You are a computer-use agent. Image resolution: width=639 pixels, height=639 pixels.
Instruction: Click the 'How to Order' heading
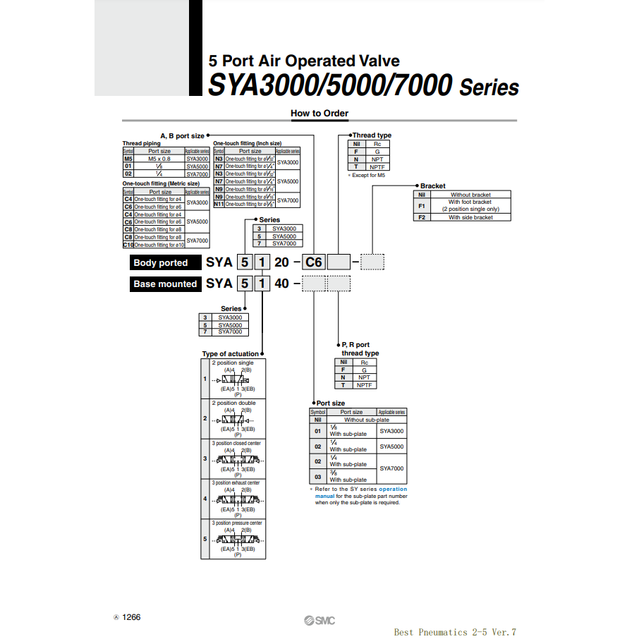click(319, 113)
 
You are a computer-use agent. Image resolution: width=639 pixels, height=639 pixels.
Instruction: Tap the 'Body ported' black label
click(161, 263)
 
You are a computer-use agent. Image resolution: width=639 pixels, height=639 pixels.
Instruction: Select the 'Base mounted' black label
click(165, 284)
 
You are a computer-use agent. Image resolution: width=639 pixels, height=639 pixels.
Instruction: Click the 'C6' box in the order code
click(313, 263)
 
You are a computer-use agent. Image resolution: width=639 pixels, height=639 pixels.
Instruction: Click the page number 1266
click(131, 617)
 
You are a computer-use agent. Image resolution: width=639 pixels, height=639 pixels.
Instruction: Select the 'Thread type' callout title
click(372, 135)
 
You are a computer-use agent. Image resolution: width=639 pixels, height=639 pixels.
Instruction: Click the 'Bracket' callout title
click(432, 186)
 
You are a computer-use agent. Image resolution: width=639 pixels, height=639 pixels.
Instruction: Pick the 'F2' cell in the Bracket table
click(422, 217)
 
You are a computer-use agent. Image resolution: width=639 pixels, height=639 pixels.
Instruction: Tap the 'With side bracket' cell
click(470, 217)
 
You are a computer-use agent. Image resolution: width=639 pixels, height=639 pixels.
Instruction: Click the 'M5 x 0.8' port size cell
click(159, 159)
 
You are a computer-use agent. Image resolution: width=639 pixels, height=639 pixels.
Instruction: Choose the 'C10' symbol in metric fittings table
click(128, 245)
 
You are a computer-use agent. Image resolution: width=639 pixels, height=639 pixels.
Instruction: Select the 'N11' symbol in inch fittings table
click(219, 204)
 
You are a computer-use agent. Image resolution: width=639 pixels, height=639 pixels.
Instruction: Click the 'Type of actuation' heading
click(230, 354)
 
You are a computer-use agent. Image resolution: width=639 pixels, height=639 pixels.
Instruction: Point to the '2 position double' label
click(234, 403)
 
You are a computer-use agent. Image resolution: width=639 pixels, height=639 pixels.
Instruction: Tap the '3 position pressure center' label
click(237, 523)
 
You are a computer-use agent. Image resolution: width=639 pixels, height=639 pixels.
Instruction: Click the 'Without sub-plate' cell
click(366, 420)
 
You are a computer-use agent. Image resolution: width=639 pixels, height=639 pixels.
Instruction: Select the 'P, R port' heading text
click(355, 345)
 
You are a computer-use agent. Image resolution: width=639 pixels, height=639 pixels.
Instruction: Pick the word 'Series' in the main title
click(489, 88)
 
